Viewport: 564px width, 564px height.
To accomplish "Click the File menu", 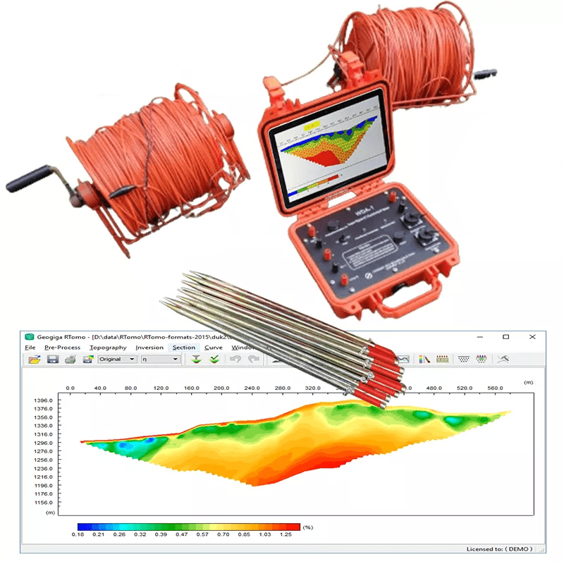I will click(x=30, y=348).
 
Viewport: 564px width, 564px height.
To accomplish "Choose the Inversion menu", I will click(x=149, y=348).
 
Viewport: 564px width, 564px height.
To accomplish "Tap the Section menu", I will click(x=184, y=348).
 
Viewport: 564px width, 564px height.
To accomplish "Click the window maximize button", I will click(x=505, y=336).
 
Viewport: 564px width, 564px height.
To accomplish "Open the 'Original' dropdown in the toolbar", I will click(x=117, y=360).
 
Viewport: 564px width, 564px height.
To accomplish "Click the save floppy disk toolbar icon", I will click(x=52, y=360).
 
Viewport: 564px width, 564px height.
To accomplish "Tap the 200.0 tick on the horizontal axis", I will click(x=221, y=388).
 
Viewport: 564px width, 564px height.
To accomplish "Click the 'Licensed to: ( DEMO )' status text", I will click(x=503, y=548).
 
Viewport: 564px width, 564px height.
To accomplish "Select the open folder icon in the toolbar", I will click(x=34, y=360).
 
